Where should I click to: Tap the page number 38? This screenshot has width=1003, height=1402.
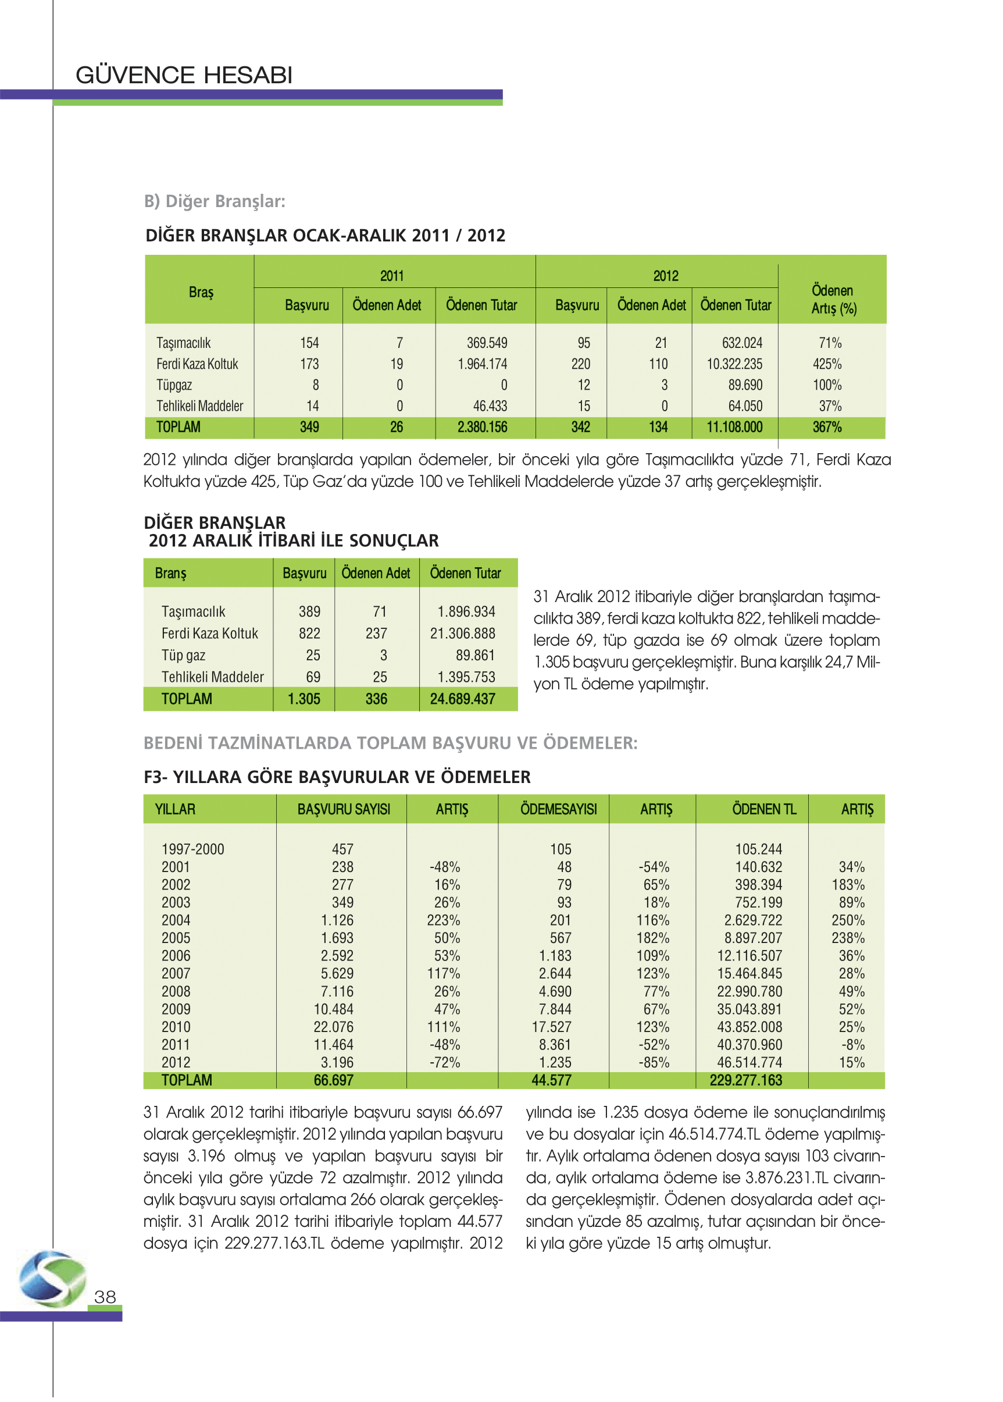[x=105, y=1296]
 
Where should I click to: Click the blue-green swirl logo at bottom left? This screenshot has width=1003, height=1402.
[x=52, y=1278]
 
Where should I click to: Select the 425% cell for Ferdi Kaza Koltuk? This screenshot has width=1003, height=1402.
[x=827, y=364]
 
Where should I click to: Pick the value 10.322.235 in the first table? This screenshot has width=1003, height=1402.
[x=734, y=364]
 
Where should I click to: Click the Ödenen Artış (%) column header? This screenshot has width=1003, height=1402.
[x=833, y=299]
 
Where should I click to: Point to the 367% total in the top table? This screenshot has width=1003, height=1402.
[x=827, y=427]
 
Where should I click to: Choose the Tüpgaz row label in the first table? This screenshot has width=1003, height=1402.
[x=174, y=385]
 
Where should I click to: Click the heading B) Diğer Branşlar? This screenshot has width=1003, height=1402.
[x=215, y=201]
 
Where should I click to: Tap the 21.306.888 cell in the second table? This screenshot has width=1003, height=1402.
[x=463, y=634]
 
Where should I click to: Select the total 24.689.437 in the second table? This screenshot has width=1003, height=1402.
[x=463, y=699]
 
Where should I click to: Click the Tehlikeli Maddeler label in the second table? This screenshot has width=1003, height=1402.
[x=212, y=677]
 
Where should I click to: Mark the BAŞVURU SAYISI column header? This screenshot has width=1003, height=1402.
[x=344, y=809]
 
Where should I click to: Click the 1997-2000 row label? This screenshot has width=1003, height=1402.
[x=192, y=849]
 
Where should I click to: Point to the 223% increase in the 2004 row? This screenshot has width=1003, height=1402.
[x=444, y=921]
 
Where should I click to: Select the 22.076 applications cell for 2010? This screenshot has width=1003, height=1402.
[x=334, y=1027]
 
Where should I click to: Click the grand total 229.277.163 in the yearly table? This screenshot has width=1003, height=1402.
[x=745, y=1081]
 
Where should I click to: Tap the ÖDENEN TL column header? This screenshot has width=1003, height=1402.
[x=764, y=809]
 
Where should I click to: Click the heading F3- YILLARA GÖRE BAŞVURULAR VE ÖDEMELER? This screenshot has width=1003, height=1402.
[x=337, y=777]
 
